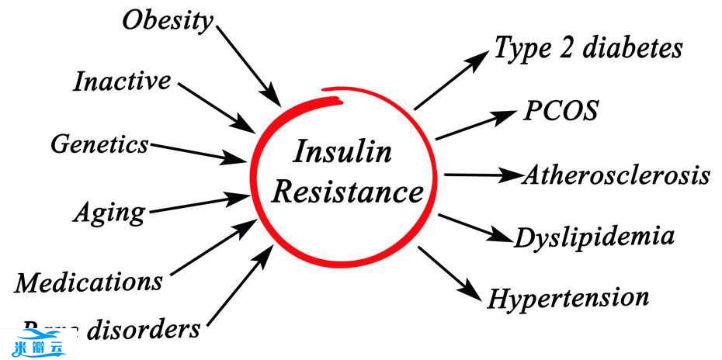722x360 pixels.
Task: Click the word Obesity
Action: [168, 21]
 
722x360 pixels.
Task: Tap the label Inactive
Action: [122, 81]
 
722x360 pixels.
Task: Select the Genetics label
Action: [99, 144]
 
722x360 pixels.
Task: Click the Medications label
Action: [89, 282]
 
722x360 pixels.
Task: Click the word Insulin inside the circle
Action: [342, 152]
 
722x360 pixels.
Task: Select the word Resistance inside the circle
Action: [348, 192]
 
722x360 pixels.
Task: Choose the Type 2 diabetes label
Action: [588, 48]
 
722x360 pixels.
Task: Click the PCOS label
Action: [561, 111]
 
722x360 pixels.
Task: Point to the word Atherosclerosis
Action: [616, 175]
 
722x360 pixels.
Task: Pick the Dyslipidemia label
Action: [594, 236]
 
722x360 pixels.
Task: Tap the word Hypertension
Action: [568, 297]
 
